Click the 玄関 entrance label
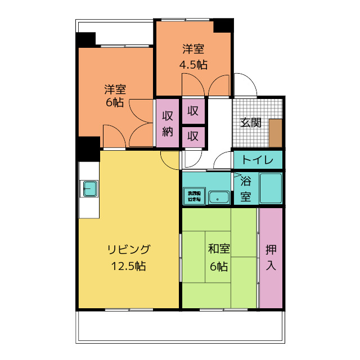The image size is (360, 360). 250,123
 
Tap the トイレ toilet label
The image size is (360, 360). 257,160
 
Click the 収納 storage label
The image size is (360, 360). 168,124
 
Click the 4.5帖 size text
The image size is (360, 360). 193,65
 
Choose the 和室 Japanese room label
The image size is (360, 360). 219,249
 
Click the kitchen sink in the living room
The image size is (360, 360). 91,189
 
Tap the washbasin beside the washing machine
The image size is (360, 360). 218,197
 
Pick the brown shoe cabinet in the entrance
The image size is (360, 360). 276,133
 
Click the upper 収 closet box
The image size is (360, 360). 193,111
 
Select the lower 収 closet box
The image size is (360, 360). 193,137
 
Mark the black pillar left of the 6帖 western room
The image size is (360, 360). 86,40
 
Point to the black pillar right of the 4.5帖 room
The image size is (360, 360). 223,26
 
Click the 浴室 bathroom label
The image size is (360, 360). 246,189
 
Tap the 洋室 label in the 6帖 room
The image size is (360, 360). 115,89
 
